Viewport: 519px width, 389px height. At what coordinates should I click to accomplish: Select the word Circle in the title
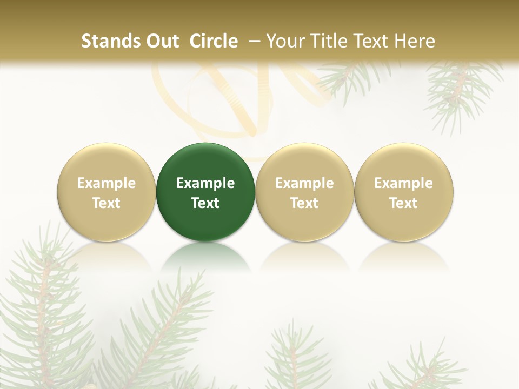click(x=214, y=41)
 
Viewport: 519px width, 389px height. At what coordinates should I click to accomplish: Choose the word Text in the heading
click(x=372, y=41)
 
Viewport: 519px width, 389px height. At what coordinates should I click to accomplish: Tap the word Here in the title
click(x=416, y=41)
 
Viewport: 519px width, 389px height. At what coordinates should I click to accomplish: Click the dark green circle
click(x=205, y=162)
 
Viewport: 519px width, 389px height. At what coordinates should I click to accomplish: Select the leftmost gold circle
click(x=107, y=162)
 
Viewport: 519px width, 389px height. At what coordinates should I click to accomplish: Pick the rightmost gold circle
click(x=403, y=162)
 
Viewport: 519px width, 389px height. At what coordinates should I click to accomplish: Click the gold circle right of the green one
click(x=304, y=162)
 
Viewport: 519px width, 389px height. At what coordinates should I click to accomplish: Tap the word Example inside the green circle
click(x=205, y=183)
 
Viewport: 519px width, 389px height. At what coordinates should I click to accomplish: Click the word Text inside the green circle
click(x=205, y=203)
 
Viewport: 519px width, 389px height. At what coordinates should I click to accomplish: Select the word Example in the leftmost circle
click(x=107, y=183)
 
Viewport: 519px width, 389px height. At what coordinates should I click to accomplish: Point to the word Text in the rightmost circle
click(x=403, y=203)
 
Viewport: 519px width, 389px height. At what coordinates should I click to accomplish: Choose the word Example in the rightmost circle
click(x=403, y=183)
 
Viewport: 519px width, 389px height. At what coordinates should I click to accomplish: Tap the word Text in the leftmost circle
click(x=107, y=203)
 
